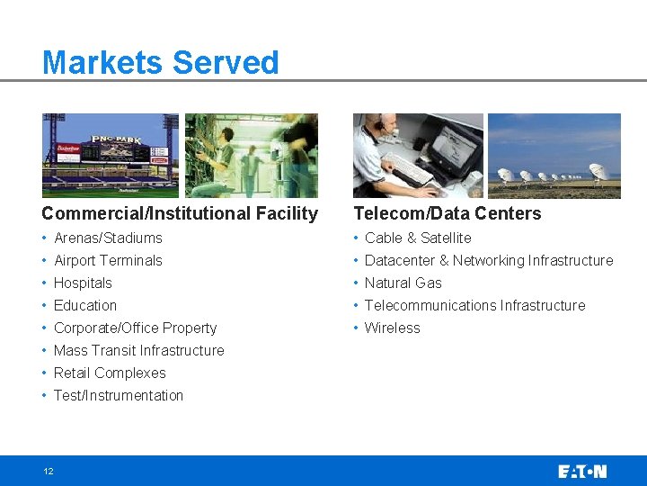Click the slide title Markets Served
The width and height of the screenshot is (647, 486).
point(160,63)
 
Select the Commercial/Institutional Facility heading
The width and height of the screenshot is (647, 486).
point(180,213)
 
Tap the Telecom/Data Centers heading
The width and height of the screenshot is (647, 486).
point(447,213)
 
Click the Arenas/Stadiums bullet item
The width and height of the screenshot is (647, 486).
point(108,238)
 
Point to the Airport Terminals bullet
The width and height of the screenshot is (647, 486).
point(108,260)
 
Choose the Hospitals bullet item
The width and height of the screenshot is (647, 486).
point(83,283)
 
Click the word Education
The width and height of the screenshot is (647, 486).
point(85,305)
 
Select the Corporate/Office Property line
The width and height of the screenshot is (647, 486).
point(135,328)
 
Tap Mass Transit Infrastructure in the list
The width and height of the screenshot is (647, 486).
point(138,350)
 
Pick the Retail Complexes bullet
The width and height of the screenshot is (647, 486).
point(110,373)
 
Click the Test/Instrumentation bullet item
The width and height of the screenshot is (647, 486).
point(118,395)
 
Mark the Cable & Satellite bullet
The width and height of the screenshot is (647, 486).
point(418,238)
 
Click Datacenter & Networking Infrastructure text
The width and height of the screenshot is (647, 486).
point(488,260)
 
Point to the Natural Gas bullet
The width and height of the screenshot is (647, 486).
point(403,283)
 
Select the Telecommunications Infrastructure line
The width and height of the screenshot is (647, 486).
point(474,305)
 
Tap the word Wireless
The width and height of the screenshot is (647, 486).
point(392,328)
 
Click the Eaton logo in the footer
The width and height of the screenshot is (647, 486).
point(581,471)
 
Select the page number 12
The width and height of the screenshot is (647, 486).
point(48,471)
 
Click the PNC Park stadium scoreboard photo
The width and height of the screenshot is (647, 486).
point(111,155)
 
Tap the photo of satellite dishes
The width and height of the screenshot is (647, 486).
point(554,155)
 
